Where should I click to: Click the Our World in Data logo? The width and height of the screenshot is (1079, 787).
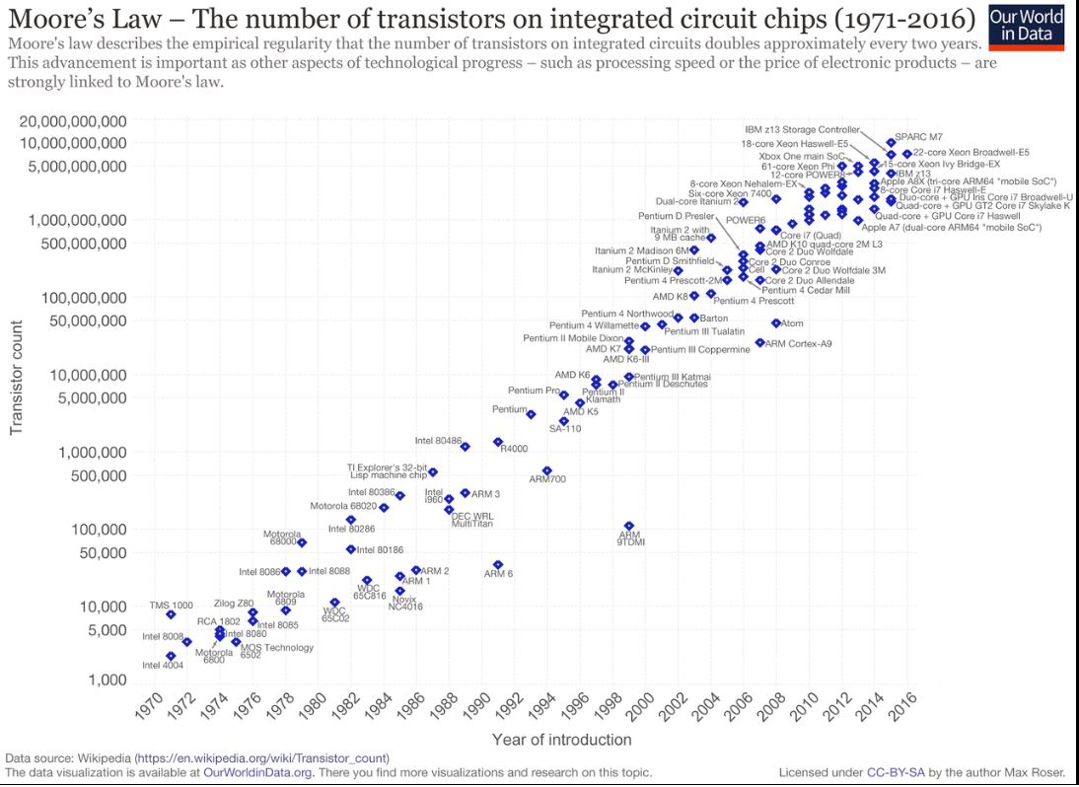[1027, 27]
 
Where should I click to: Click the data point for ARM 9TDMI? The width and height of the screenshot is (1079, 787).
[629, 527]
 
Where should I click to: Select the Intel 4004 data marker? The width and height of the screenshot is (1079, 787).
[171, 656]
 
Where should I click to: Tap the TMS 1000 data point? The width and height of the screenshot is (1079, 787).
[171, 614]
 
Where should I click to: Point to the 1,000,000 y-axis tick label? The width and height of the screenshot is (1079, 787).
[86, 452]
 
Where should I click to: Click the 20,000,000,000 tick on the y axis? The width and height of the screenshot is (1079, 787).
[73, 121]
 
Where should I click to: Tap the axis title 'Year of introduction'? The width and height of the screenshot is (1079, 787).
[561, 740]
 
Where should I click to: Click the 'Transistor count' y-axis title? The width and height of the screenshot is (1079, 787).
[16, 376]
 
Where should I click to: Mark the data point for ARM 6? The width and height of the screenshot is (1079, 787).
[498, 565]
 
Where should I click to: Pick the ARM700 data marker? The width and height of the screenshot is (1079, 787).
[547, 470]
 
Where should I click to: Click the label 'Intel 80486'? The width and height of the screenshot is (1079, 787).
[437, 441]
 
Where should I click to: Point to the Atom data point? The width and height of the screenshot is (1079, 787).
[776, 323]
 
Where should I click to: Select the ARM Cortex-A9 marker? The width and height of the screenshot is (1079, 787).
[759, 342]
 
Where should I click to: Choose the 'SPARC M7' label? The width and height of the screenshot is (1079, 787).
[921, 137]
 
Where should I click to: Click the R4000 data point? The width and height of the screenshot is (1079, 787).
[498, 442]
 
